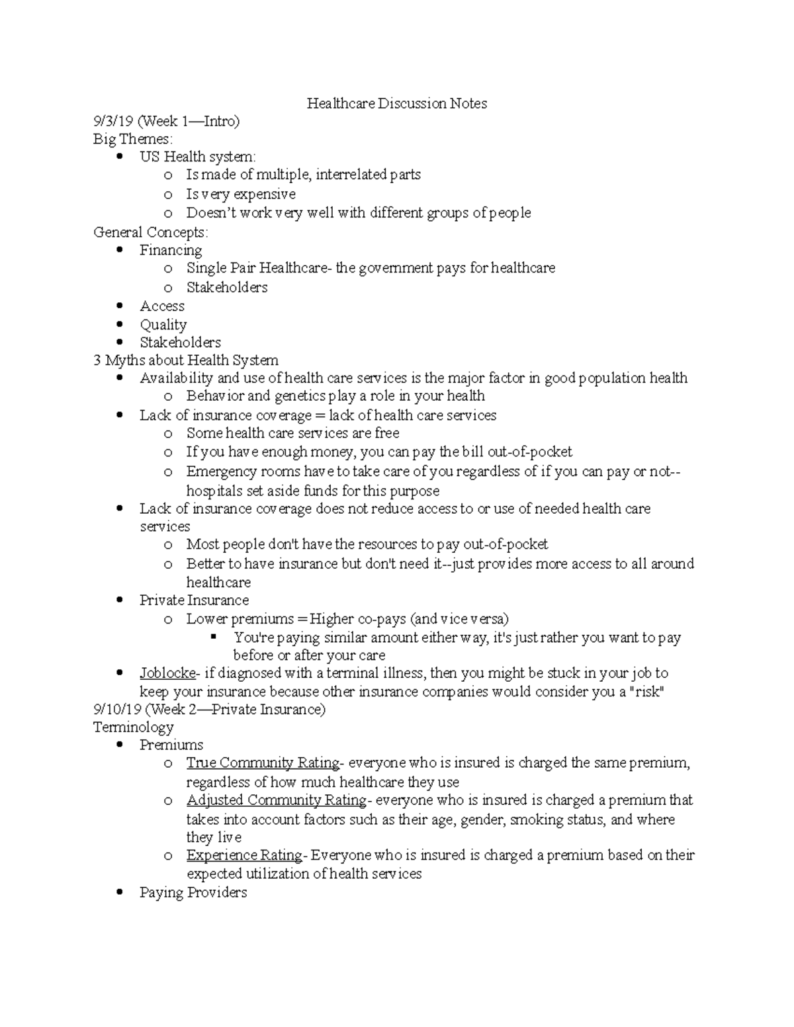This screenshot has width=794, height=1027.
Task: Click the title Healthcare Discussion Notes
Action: coord(396,103)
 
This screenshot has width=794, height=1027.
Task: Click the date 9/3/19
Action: coord(113,121)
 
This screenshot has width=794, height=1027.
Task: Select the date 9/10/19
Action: coord(117,710)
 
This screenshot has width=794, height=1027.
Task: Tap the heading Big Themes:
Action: coord(133,139)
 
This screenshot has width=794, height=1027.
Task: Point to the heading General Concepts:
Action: coord(151,232)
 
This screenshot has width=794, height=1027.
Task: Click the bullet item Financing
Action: coord(171,250)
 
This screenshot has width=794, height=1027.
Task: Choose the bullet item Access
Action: coord(162,306)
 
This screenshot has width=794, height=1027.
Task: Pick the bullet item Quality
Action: coord(163,325)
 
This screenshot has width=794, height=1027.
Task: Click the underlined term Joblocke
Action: coord(167,673)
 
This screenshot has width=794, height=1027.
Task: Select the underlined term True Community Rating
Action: coord(263,762)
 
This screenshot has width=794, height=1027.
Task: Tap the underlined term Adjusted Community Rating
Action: coord(276,800)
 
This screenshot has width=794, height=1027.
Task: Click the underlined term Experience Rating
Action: coord(244,855)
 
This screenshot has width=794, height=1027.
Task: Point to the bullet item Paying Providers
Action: coord(193,892)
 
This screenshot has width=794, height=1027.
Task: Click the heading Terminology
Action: coord(134,727)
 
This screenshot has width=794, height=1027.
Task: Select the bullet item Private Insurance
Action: coord(194,600)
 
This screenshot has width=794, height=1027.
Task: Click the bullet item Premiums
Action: coord(171,745)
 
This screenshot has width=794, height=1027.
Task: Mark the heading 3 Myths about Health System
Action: coord(186,360)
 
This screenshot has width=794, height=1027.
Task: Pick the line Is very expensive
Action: coord(241,194)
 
